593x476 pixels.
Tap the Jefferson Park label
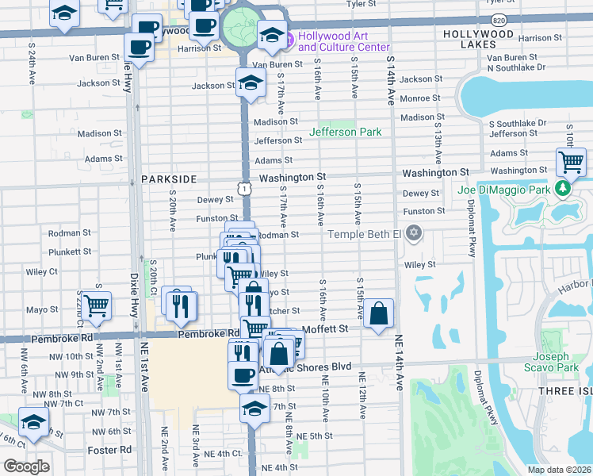point(346,132)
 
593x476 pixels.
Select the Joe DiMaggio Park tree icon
point(563,189)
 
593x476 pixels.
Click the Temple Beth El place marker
point(412,233)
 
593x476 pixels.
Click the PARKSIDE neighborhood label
point(169,179)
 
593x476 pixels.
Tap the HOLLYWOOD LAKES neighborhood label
point(479,40)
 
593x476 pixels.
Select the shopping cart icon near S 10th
point(571,163)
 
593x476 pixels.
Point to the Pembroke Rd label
point(209,334)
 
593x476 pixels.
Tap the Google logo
point(26,466)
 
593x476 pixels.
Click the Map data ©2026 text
point(559,470)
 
